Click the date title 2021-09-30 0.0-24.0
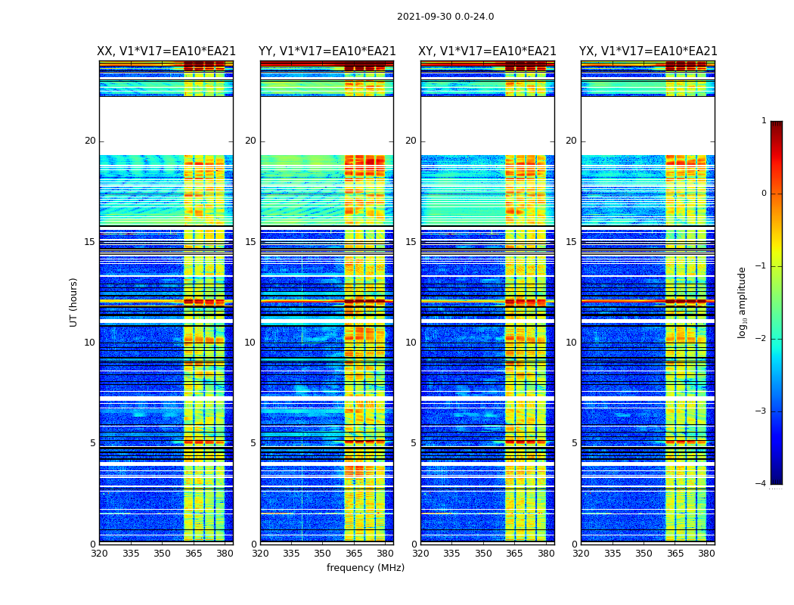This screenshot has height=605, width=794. tap(445, 17)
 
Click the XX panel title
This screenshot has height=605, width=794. tap(166, 51)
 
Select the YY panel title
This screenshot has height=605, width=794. tap(327, 51)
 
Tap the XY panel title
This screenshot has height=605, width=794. tap(488, 51)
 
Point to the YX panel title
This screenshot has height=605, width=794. tap(648, 51)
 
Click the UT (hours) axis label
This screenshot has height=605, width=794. tap(74, 302)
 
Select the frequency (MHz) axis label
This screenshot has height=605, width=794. tap(365, 568)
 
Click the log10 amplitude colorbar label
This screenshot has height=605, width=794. tap(743, 302)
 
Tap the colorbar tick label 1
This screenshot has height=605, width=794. tap(764, 121)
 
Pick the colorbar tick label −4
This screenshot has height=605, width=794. tap(761, 484)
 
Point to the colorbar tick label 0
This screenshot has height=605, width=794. tap(764, 194)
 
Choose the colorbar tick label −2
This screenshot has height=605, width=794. tap(761, 339)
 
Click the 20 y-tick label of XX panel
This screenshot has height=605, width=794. tap(90, 141)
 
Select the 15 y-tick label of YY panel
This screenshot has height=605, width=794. tap(250, 242)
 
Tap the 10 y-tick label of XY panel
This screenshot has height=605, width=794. tap(411, 343)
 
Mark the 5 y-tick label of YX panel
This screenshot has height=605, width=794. tap(574, 443)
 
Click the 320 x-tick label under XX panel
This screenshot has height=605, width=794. tap(99, 554)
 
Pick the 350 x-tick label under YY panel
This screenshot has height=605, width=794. tap(323, 554)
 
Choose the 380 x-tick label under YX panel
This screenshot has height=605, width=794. tap(706, 554)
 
